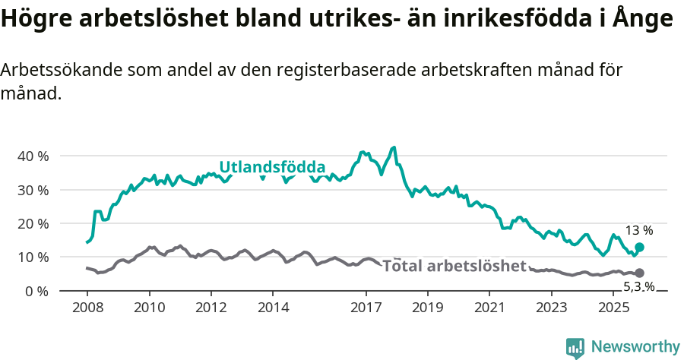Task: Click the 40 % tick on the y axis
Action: point(33,156)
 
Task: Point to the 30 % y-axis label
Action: point(33,190)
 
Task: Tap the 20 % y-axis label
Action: point(33,223)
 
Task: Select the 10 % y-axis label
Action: point(33,257)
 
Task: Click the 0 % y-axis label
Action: point(36,291)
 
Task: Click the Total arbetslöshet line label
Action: point(454,266)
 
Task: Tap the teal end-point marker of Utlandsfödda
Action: point(639,248)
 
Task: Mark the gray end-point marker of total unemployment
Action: point(639,273)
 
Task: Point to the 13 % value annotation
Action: point(638,230)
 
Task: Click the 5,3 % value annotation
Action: point(638,286)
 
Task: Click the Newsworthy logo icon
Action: point(575,347)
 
